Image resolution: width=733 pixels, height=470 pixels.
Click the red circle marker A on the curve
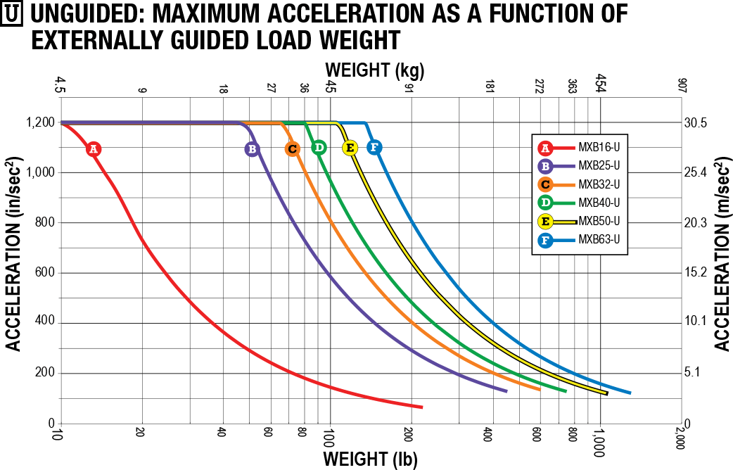point(93,149)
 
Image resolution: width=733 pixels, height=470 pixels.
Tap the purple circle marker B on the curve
point(252,149)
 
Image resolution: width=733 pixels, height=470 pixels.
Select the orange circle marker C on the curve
point(293,148)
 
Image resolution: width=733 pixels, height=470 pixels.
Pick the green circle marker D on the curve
point(319,147)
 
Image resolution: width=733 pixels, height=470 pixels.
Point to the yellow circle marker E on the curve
point(350,148)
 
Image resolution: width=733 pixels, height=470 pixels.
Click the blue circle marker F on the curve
point(374,147)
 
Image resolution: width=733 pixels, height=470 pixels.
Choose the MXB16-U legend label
point(599,148)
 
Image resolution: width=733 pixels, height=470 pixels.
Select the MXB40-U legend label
point(599,203)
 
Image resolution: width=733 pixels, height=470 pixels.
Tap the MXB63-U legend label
point(599,240)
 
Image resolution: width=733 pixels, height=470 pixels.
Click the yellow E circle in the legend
point(544,221)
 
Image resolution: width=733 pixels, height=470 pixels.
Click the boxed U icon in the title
point(12,15)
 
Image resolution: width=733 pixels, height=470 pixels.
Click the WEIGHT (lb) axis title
point(370,459)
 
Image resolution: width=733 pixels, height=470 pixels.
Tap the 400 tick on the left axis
point(45,323)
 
